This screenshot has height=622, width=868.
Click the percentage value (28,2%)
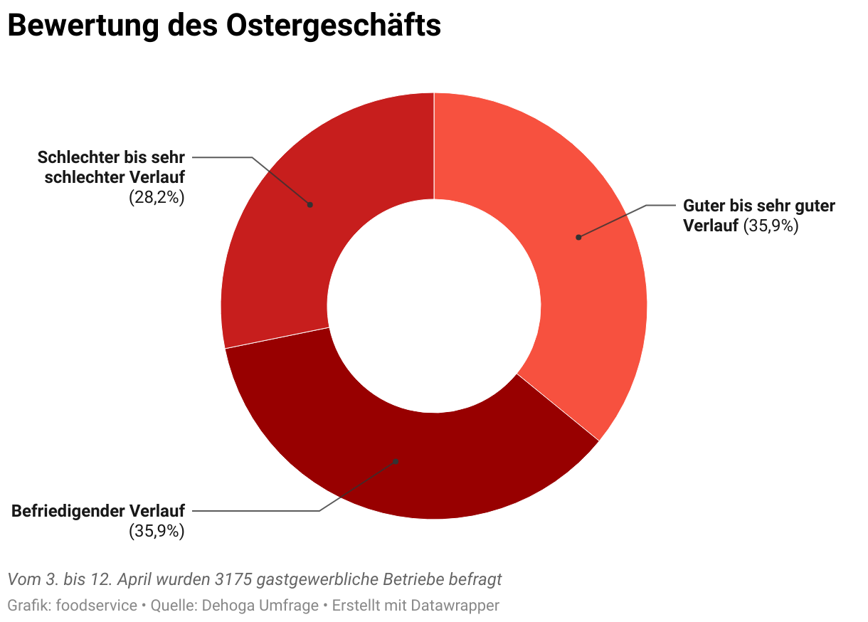point(157,198)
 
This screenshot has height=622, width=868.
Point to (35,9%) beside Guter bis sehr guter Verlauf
point(771,226)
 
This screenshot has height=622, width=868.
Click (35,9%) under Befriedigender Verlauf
point(157,531)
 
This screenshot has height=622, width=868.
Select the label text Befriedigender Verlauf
point(98,511)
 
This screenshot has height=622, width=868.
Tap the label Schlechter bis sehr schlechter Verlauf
point(112,167)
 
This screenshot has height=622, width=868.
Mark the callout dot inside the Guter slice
point(578,237)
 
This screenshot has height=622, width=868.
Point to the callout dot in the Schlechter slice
point(310,204)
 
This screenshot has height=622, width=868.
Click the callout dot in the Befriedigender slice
point(396,461)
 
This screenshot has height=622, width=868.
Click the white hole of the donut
point(434,306)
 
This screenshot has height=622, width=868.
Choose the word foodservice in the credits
point(96,606)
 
